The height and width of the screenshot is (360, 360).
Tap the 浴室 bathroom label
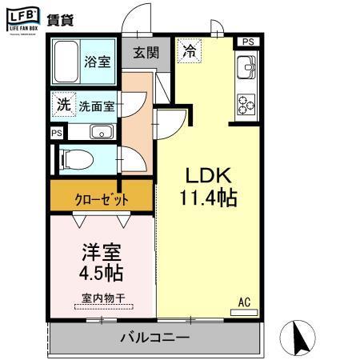point(98,62)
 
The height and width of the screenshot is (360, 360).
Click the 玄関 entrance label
point(146,53)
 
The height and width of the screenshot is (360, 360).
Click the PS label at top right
point(249,42)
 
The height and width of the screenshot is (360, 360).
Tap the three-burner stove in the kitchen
point(244,104)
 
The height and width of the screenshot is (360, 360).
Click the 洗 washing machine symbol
point(62,103)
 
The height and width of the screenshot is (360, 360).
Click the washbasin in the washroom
point(100,132)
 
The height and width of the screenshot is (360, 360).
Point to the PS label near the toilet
point(56,133)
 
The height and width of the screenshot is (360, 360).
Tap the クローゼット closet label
point(101,198)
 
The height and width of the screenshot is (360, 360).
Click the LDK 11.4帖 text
point(210,186)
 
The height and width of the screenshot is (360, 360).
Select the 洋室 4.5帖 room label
point(102,263)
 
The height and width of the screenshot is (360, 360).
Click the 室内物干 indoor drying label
point(102,301)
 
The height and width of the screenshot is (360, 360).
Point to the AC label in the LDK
point(245,302)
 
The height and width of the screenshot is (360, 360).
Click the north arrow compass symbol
point(302,337)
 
